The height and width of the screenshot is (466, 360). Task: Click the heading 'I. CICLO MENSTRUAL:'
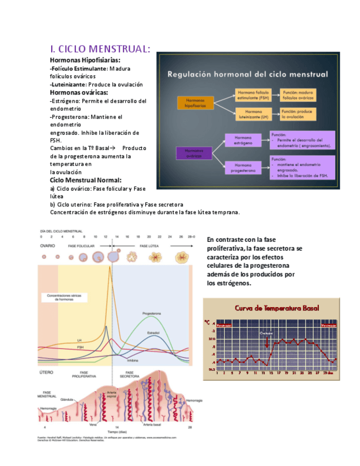99,49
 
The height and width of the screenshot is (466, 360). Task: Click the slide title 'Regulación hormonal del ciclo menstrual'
247,74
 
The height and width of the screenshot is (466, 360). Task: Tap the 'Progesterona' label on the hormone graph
152,313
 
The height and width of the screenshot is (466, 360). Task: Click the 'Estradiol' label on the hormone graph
154,333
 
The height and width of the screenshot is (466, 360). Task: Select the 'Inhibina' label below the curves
132,360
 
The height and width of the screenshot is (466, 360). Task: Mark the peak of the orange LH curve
110,267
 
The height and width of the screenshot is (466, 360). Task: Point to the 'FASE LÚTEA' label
149,246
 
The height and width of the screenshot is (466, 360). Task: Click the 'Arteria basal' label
152,425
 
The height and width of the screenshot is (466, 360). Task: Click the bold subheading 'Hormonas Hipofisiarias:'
85,59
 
